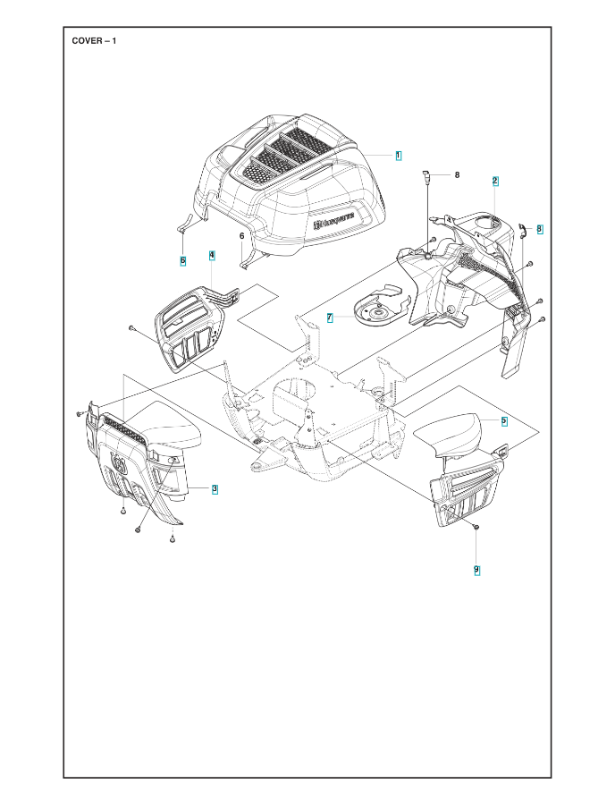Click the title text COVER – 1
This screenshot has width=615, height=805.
pos(94,41)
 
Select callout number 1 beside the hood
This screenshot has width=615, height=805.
pos(398,156)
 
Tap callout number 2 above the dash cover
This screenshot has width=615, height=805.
pos(495,181)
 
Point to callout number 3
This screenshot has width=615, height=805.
pos(215,489)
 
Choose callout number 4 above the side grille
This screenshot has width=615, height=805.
pos(212,255)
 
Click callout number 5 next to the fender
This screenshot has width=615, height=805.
pos(503,421)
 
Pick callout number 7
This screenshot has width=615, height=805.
pos(330,318)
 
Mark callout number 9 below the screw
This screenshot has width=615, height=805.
pos(477,570)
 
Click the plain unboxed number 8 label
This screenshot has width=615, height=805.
pos(457,175)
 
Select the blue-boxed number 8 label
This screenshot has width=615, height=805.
pos(540,229)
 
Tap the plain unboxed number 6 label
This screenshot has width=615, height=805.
pos(242,235)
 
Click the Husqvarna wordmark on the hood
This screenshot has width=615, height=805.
pos(334,222)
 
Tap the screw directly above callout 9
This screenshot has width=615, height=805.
pos(476,527)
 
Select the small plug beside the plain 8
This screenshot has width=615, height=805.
pos(425,176)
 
